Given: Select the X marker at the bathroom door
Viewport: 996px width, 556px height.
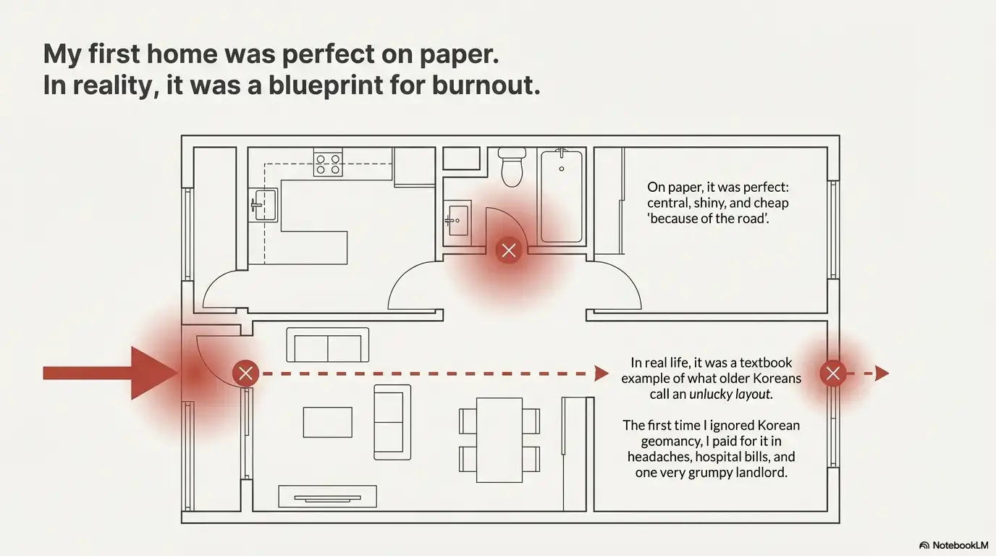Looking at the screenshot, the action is pos(509,250).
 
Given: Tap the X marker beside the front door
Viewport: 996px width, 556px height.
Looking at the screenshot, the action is pos(245,373).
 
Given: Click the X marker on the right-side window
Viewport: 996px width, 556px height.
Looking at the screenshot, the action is pos(833,373).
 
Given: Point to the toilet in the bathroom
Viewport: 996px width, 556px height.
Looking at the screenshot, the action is pos(512,167).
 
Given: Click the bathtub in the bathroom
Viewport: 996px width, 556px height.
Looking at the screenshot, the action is pos(562,195).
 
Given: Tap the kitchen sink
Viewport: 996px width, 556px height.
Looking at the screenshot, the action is pos(263,205).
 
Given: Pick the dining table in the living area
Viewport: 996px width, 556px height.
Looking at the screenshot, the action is pos(499,440).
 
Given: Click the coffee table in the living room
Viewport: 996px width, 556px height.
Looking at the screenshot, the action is pos(328,422).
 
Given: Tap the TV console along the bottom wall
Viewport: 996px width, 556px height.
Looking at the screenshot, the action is pos(327,497).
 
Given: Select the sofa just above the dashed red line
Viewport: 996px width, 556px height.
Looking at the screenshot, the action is pos(328,345).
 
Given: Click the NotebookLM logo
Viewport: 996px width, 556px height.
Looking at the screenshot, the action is pos(954,545).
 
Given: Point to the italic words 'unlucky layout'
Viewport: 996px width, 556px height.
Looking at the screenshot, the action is pos(730,394).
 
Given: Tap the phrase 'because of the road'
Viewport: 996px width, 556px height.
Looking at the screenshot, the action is pos(708,219).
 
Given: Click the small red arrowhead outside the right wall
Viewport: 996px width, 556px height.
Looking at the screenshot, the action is pos(882,373).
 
